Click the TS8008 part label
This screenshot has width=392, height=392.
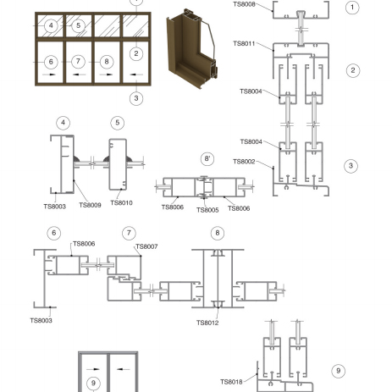(x=244, y=4)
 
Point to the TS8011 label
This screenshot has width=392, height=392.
(x=244, y=43)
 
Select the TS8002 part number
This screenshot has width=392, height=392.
(x=244, y=162)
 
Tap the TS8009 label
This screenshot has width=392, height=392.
(x=90, y=205)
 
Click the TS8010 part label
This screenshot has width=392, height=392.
(x=121, y=203)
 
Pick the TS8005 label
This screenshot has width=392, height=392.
(x=207, y=210)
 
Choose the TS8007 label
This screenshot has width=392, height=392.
(x=146, y=246)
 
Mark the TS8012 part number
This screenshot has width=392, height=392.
(x=207, y=323)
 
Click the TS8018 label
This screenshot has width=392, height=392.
(x=231, y=382)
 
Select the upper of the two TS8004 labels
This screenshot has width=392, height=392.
(x=251, y=91)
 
